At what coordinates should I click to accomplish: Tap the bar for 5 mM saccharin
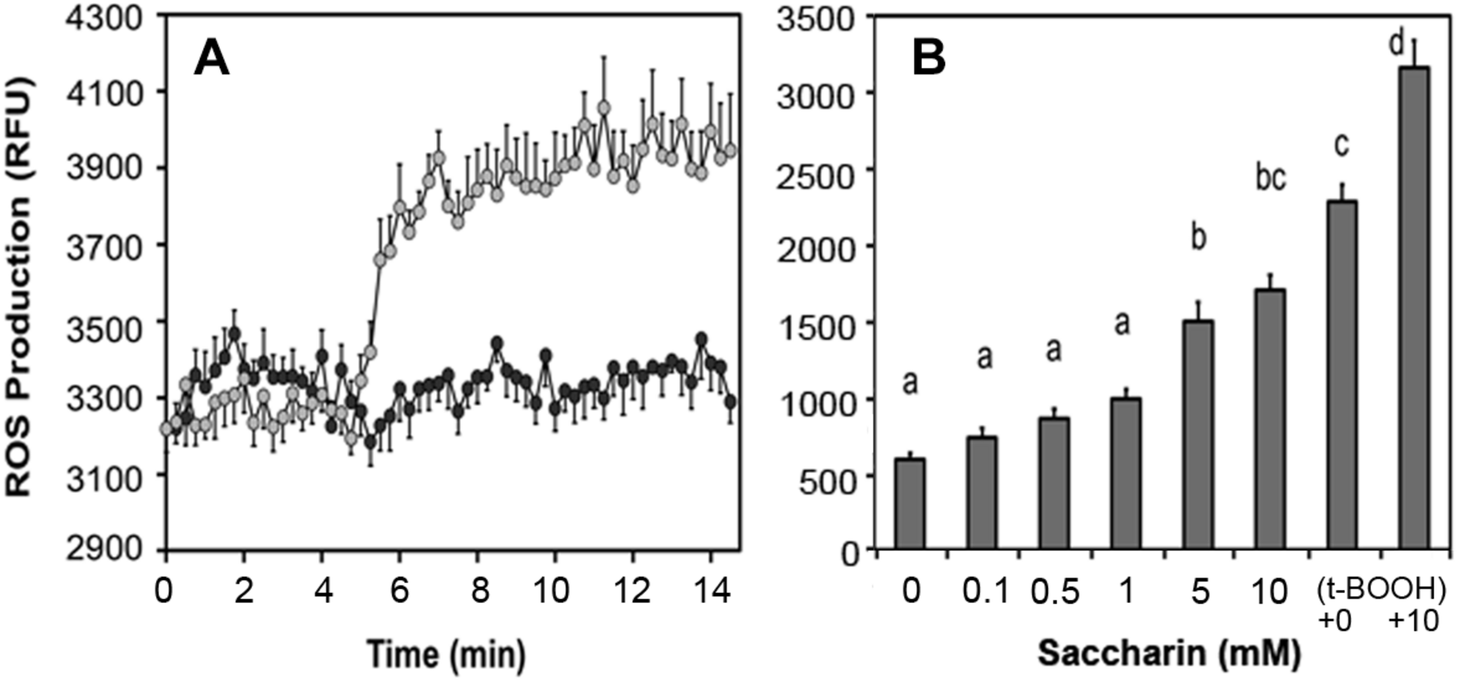click(1198, 434)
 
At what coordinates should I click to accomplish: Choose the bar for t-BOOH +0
click(1341, 375)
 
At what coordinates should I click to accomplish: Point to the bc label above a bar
click(1270, 179)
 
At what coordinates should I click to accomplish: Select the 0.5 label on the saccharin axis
click(1054, 592)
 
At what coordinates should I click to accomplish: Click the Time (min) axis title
click(446, 654)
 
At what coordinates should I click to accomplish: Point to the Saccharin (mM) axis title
click(1170, 654)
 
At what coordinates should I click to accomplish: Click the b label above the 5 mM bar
click(1199, 239)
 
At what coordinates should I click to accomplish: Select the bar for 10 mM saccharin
click(1270, 419)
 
